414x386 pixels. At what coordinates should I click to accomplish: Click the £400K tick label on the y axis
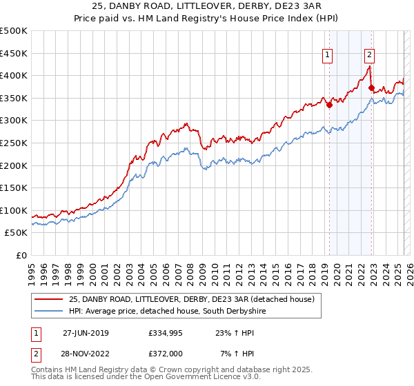(x=14, y=75)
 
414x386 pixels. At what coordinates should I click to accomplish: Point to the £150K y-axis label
(x=14, y=187)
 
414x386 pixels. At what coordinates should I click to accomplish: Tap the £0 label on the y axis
(x=21, y=255)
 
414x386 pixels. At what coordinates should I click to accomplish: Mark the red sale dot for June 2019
(x=329, y=105)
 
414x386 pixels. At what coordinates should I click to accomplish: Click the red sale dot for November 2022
(x=371, y=88)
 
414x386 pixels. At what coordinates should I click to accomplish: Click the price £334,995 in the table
(x=164, y=332)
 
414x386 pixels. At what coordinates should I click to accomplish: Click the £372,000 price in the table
(x=164, y=353)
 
